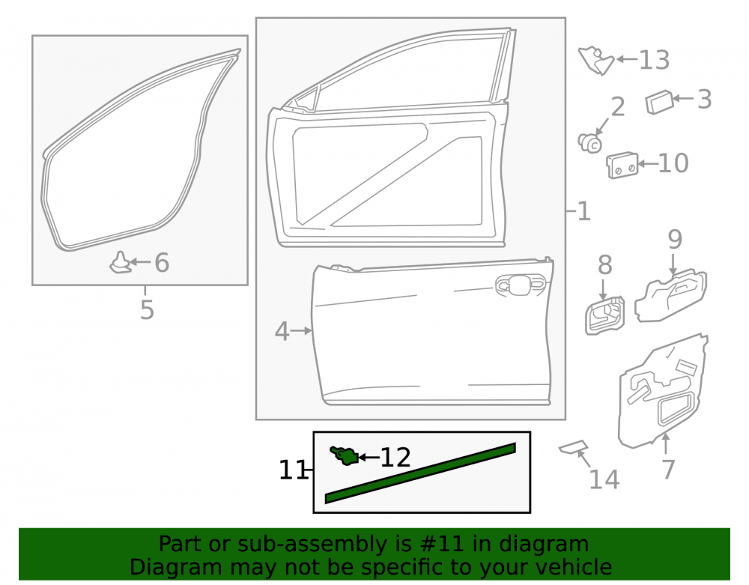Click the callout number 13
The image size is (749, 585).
pos(654,60)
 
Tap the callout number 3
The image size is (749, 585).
pos(705,100)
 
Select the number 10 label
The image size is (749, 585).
pos(673,163)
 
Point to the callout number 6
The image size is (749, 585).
pos(162,263)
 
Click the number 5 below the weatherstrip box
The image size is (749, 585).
pos(147,310)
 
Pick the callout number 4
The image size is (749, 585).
pos(282,331)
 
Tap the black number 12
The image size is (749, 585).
pos(395,458)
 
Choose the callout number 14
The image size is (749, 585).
pos(604,479)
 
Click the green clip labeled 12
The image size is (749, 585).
pos(345,455)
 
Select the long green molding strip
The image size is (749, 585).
pos(420,473)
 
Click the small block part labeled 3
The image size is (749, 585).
pos(659,102)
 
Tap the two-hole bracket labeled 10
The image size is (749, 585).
pos(622,166)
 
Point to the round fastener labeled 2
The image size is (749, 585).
pos(590,142)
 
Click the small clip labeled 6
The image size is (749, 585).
pos(121,263)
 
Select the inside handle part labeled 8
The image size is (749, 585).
pos(604,315)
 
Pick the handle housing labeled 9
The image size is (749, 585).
pos(670,295)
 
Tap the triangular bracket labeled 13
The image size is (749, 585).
pos(596,60)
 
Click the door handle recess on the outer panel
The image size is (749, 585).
pos(521,285)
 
